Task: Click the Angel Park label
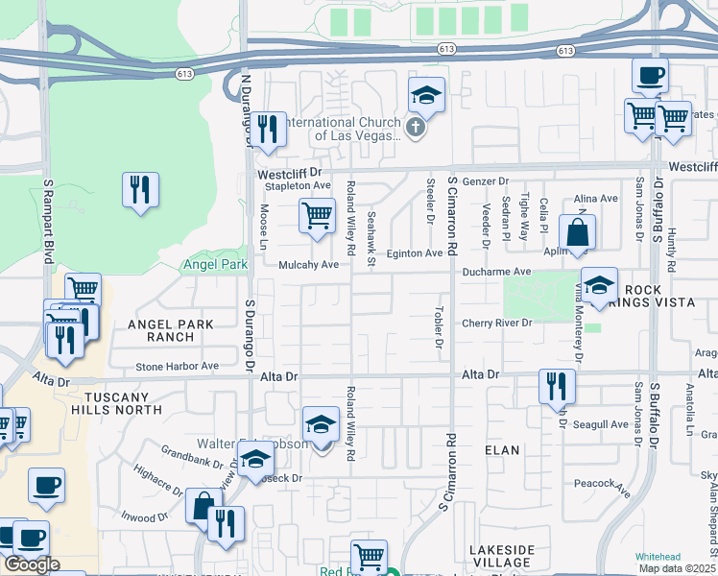coord(214,264)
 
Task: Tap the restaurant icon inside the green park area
coord(140,190)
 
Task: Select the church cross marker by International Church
coord(415,128)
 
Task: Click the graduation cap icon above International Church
coord(426,95)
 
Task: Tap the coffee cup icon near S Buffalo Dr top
coord(650,74)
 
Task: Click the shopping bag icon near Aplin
coord(577,232)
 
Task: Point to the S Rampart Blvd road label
coord(46,220)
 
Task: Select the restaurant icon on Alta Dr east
coord(557,386)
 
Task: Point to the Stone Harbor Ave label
coord(177,366)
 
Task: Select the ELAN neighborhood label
coord(503,449)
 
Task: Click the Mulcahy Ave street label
coord(309,264)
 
